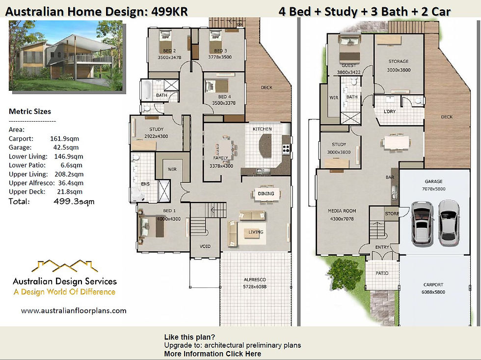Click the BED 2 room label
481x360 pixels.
[x=169, y=51]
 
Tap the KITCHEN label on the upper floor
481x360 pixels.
[x=262, y=129]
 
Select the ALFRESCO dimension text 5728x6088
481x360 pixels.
[x=255, y=287]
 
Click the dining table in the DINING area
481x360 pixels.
[x=266, y=194]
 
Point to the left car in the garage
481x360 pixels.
[x=422, y=223]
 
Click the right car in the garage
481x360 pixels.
[x=449, y=223]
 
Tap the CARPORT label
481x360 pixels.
[x=433, y=284]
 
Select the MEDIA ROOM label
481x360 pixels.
[x=342, y=211]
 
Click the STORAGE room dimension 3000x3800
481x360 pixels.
[x=399, y=70]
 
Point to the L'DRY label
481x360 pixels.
[x=390, y=112]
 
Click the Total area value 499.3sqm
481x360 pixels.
[x=74, y=202]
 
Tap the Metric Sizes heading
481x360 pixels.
[x=30, y=111]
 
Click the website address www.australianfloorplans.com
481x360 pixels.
[x=74, y=310]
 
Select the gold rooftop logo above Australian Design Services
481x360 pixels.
[x=64, y=266]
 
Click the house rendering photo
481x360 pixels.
[x=66, y=55]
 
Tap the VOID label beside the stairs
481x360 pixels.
[x=205, y=246]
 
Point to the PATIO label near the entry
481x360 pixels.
[x=382, y=273]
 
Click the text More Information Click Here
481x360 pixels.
[x=213, y=354]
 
